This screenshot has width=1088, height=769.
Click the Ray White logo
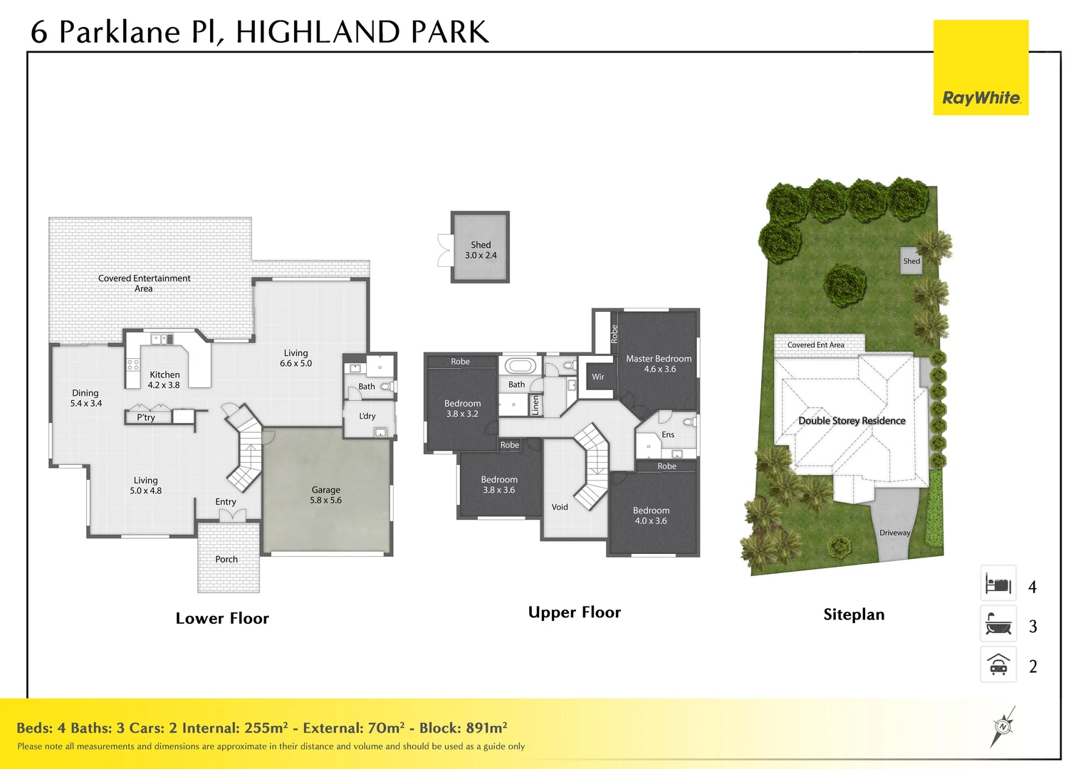click(x=980, y=68)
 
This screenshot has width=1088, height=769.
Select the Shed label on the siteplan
click(x=911, y=261)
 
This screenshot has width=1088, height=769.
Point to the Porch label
click(x=226, y=559)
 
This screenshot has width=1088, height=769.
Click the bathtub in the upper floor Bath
click(x=520, y=365)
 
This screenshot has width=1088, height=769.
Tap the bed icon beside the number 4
click(x=998, y=584)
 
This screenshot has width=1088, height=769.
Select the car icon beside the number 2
click(x=998, y=664)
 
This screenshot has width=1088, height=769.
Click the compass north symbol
click(x=1003, y=727)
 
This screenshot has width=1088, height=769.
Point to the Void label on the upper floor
click(x=560, y=507)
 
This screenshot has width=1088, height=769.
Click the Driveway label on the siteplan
click(x=895, y=533)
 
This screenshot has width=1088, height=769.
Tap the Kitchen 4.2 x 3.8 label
click(x=164, y=380)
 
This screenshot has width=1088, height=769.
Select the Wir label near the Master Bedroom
click(x=598, y=377)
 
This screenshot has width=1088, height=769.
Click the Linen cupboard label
click(x=535, y=404)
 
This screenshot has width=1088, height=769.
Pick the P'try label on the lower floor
click(x=146, y=417)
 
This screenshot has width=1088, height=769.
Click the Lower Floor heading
click(x=222, y=618)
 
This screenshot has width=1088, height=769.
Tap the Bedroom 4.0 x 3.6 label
click(x=651, y=516)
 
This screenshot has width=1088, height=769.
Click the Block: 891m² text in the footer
click(x=463, y=728)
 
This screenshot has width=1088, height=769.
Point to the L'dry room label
click(x=367, y=416)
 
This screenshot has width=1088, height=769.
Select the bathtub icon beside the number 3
click(x=998, y=624)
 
